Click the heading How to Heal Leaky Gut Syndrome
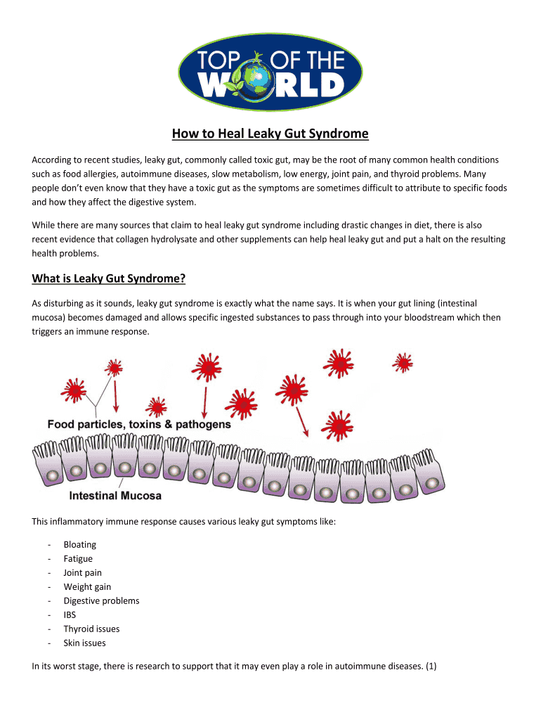[x=270, y=134]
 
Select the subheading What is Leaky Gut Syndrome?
[x=109, y=279]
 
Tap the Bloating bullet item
[x=79, y=545]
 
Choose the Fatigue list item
[x=78, y=559]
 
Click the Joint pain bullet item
[x=82, y=573]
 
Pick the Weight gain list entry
[x=87, y=587]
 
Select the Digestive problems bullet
[x=101, y=601]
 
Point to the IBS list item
[x=70, y=615]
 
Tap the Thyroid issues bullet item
[x=91, y=629]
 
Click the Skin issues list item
[x=84, y=643]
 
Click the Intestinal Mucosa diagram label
[x=115, y=496]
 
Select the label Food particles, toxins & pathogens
[x=139, y=425]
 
